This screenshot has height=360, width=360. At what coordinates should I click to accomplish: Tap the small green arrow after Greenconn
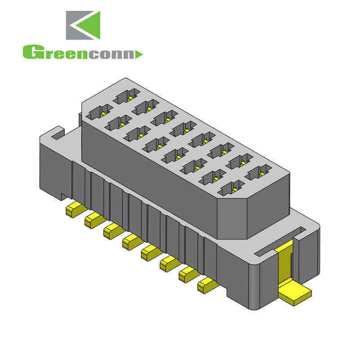tap(139, 54)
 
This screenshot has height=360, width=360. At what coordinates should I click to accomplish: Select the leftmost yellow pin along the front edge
tap(72, 210)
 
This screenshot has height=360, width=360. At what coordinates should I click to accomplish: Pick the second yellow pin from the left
tap(91, 220)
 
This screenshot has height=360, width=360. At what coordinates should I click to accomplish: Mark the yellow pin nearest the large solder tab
tap(206, 284)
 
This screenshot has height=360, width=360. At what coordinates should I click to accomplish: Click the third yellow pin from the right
tap(167, 263)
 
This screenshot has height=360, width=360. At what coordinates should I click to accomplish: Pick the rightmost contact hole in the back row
tap(258, 173)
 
